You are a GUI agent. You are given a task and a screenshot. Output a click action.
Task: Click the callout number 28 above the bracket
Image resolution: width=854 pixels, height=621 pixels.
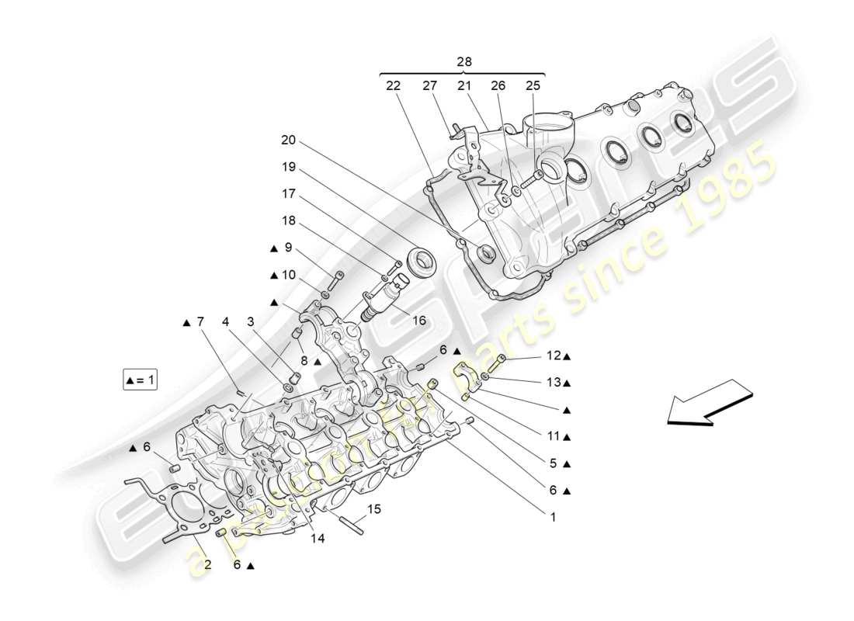pyautogui.click(x=464, y=61)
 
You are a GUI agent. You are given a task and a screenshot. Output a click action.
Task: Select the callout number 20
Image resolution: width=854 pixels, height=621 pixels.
pyautogui.click(x=289, y=141)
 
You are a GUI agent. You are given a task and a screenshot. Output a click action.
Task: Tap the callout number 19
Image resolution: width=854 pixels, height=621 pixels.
pyautogui.click(x=289, y=167)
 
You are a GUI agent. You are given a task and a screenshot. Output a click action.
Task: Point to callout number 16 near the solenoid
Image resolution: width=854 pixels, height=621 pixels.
pyautogui.click(x=418, y=319)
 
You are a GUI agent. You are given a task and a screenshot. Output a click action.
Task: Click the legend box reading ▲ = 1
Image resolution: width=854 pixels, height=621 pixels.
pyautogui.click(x=140, y=380)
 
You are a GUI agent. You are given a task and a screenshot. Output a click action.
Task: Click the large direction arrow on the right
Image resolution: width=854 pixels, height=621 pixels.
pyautogui.click(x=710, y=401)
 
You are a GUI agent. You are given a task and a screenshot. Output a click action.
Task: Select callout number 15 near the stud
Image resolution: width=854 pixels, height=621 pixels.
pyautogui.click(x=374, y=509)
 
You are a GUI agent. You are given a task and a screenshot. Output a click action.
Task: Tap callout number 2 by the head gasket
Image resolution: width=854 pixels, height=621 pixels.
pyautogui.click(x=207, y=564)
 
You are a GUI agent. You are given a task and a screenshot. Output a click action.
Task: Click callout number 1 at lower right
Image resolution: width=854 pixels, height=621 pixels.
pyautogui.click(x=554, y=514)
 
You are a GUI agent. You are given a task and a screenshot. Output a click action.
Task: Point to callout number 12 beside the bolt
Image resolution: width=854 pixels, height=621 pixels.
pyautogui.click(x=554, y=356)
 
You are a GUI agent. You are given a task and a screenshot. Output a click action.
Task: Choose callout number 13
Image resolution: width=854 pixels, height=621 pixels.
pyautogui.click(x=554, y=383)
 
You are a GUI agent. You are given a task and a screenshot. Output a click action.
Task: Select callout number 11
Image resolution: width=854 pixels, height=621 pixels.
pyautogui.click(x=554, y=436)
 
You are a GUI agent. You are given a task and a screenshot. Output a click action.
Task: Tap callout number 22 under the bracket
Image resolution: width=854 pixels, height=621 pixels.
pyautogui.click(x=394, y=86)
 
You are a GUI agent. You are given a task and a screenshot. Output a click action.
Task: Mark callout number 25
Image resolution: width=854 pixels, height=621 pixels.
pyautogui.click(x=533, y=86)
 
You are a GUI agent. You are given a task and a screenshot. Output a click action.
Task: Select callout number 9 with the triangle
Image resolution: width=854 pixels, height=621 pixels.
pyautogui.click(x=288, y=248)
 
